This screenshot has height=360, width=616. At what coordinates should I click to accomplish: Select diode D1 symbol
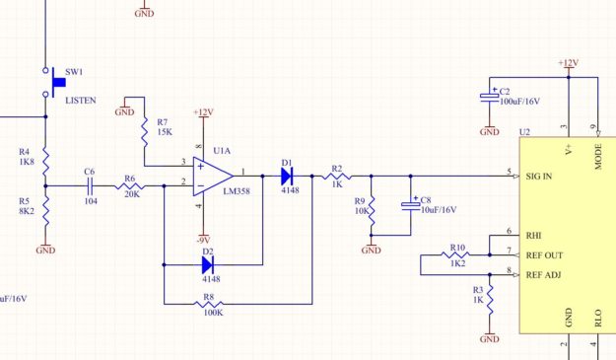[287, 176]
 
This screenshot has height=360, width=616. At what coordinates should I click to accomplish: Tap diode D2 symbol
[208, 264]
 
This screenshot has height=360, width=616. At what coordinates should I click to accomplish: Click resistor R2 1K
[336, 176]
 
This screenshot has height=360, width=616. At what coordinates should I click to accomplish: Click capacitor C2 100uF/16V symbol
[489, 97]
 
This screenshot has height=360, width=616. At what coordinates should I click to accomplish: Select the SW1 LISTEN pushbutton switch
[46, 83]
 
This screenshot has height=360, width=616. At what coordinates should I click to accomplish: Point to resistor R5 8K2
[45, 207]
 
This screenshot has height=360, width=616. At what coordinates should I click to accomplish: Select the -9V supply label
[202, 240]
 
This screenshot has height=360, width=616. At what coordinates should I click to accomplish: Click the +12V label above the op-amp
[202, 112]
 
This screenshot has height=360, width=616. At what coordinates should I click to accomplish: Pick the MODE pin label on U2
[598, 157]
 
